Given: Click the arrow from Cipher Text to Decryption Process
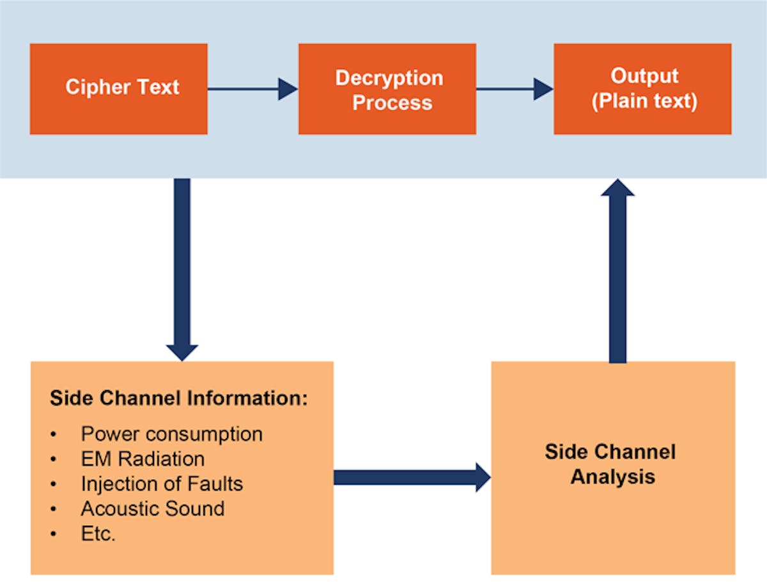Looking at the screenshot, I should pyautogui.click(x=252, y=89).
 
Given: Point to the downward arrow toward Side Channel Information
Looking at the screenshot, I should pyautogui.click(x=182, y=269).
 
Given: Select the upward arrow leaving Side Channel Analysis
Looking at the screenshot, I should pyautogui.click(x=617, y=269).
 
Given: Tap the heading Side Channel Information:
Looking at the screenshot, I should pyautogui.click(x=179, y=398).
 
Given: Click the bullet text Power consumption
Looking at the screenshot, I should pyautogui.click(x=171, y=434).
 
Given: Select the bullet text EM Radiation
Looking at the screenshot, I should pyautogui.click(x=143, y=459).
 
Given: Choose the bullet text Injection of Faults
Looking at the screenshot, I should pyautogui.click(x=162, y=484).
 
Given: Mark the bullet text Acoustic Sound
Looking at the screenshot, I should pyautogui.click(x=153, y=509).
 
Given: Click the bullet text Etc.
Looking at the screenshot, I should pyautogui.click(x=98, y=534).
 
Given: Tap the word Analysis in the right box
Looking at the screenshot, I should pyautogui.click(x=612, y=477).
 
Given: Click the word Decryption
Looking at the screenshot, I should pyautogui.click(x=389, y=78).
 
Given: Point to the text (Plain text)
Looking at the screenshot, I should pyautogui.click(x=644, y=101).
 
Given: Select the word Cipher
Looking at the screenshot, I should pyautogui.click(x=93, y=87).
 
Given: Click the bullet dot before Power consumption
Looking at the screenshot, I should pyautogui.click(x=54, y=435).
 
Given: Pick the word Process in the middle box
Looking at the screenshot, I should pyautogui.click(x=392, y=103).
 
